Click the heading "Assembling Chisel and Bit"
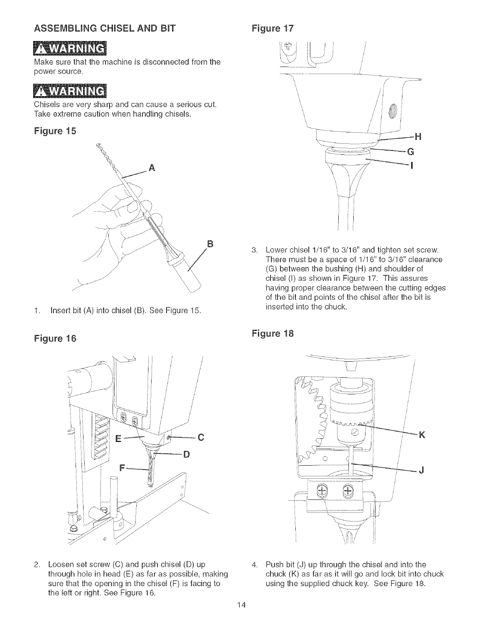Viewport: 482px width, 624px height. pos(105,28)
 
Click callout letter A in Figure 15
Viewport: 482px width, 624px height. pos(152,169)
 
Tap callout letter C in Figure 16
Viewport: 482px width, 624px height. pos(201,436)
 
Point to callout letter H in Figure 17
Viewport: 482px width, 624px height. pos(418,137)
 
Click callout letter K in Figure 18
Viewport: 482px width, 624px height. pos(422,435)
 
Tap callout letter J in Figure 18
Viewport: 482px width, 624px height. pos(421,470)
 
